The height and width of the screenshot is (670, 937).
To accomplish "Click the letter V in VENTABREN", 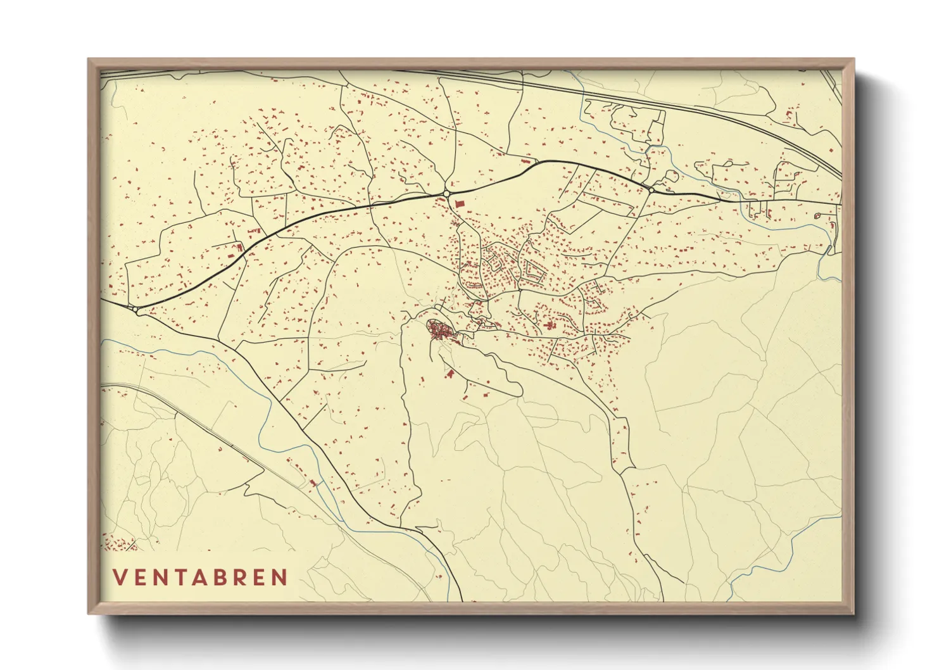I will [x=120, y=578].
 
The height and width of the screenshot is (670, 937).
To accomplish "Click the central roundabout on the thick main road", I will [x=446, y=193].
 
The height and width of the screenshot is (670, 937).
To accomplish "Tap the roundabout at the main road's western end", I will [x=136, y=310].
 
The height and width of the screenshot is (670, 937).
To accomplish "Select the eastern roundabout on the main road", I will [x=651, y=189].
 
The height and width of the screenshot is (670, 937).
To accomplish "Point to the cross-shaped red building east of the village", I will [x=548, y=326].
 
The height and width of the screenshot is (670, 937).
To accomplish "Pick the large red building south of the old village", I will [x=450, y=374].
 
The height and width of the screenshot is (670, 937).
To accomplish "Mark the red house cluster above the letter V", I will [x=120, y=544].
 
